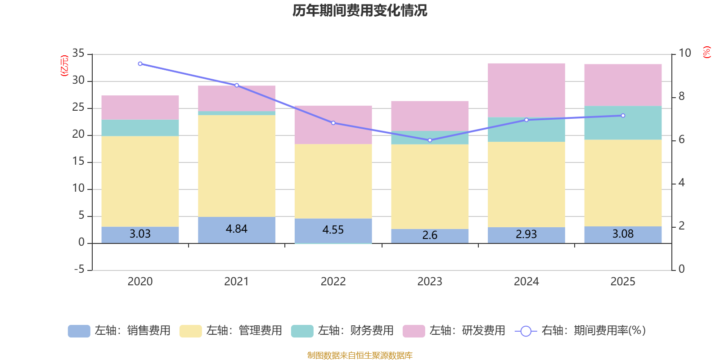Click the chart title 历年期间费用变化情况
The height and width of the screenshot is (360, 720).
(360, 10)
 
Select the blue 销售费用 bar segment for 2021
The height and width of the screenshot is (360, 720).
(237, 229)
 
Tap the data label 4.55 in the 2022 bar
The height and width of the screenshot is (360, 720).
(333, 230)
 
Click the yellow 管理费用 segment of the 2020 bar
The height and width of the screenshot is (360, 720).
(140, 181)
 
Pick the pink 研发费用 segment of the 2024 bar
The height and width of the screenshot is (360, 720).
(526, 90)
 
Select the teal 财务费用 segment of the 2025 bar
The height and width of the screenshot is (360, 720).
(623, 123)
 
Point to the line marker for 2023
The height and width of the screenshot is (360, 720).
(430, 140)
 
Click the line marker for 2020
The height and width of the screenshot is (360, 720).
(140, 64)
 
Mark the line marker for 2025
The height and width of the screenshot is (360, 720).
(623, 116)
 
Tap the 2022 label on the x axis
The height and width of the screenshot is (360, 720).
(333, 282)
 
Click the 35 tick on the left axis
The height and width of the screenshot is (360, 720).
(78, 54)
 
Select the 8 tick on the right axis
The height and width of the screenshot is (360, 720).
(681, 96)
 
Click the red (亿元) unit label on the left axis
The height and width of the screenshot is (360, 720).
(64, 66)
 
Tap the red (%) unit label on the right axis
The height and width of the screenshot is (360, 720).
(706, 52)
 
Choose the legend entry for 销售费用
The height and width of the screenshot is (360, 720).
(119, 331)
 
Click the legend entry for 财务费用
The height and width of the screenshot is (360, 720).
(342, 331)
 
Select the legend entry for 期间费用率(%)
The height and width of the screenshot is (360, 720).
(580, 331)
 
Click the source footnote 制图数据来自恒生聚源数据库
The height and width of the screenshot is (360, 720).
(360, 355)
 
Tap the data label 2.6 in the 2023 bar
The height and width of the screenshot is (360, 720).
(430, 235)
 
